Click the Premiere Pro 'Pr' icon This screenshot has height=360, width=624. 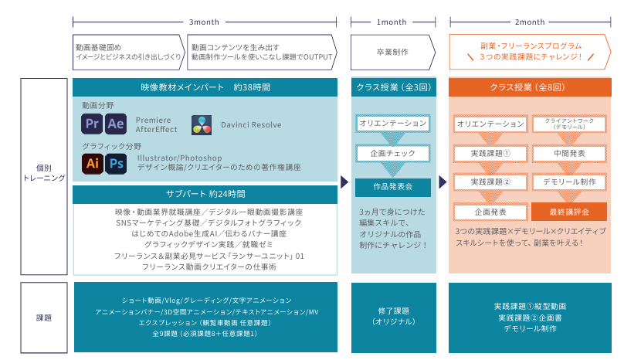pos(93,124)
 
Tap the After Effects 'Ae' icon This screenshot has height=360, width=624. pos(116,124)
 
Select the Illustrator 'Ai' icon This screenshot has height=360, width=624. pos(93,163)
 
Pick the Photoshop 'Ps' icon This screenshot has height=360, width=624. pos(116,163)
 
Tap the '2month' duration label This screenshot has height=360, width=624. pos(529,22)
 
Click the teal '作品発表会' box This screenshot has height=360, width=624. pos(393,186)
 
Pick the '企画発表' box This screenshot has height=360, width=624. pos(490,211)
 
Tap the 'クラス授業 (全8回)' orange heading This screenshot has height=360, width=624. pos(529,87)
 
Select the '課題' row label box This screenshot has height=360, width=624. pos(44,317)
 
